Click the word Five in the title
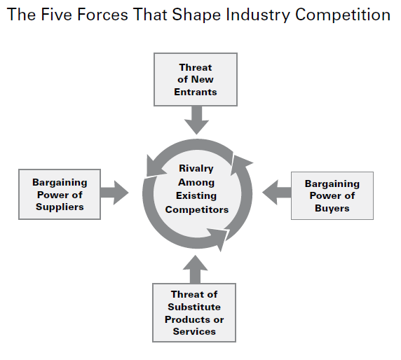[x=57, y=14]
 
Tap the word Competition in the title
[x=343, y=15]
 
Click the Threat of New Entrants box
[x=196, y=79]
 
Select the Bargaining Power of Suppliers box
[x=60, y=194]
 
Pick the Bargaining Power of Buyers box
[x=332, y=195]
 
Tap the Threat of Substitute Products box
[x=194, y=312]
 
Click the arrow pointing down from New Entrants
[x=196, y=120]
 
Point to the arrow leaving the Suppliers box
[x=114, y=193]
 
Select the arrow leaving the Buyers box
[x=276, y=193]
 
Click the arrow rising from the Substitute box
[x=195, y=269]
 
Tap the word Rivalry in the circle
[x=196, y=169]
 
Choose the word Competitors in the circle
[x=197, y=209]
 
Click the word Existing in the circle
[x=196, y=196]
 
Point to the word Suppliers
[x=60, y=207]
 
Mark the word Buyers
[x=332, y=209]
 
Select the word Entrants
[x=196, y=92]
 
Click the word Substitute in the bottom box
[x=194, y=307]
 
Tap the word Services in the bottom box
[x=194, y=332]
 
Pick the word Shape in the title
[x=196, y=15]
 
